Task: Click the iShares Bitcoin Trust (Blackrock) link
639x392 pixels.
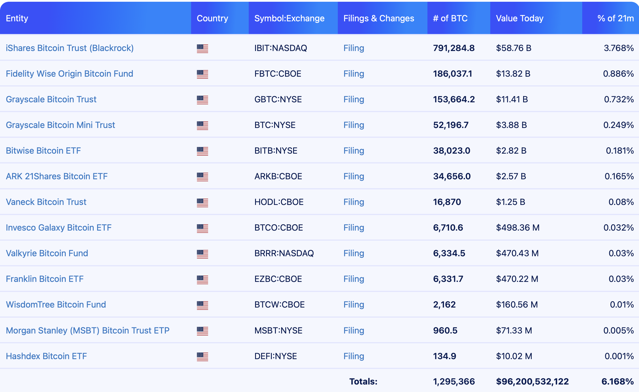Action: click(x=70, y=48)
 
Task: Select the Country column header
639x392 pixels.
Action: click(x=212, y=18)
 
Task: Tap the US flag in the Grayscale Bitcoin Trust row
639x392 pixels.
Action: click(x=202, y=100)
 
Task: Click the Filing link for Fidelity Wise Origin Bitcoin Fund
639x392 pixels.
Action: click(x=354, y=74)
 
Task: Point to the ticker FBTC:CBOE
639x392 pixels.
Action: click(x=278, y=74)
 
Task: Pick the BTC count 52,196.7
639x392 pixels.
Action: click(x=451, y=125)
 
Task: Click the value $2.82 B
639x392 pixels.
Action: click(x=511, y=151)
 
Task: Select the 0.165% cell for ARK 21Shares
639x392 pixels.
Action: click(x=619, y=176)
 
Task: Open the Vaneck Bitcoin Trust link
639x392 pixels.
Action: click(x=46, y=202)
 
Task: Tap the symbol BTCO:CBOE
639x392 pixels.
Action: click(x=278, y=228)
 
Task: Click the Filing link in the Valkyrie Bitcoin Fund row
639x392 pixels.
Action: click(x=354, y=253)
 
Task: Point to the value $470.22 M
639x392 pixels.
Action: click(x=517, y=279)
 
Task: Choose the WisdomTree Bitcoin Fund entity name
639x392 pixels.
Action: click(x=56, y=305)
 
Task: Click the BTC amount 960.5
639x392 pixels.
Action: click(x=445, y=331)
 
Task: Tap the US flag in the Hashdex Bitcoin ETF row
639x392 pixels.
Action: click(x=202, y=357)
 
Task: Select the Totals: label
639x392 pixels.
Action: click(x=363, y=382)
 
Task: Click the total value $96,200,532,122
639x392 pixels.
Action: click(x=532, y=382)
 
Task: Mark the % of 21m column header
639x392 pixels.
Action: click(x=615, y=18)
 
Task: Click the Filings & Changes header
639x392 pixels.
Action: click(x=378, y=18)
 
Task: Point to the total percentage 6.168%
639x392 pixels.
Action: click(x=617, y=382)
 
